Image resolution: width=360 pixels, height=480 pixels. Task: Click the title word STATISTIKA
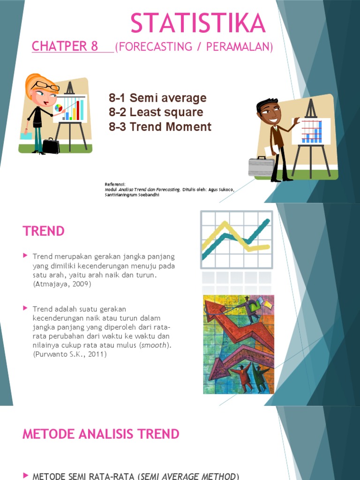coord(198,23)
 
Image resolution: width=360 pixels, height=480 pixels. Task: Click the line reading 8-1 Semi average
coord(157,98)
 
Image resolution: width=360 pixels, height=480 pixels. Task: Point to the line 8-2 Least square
coord(156,112)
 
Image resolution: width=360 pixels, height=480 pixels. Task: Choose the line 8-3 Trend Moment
coord(160,127)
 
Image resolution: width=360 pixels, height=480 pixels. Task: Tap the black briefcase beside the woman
coord(51,146)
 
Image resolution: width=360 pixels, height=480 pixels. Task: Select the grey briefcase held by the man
coord(261,166)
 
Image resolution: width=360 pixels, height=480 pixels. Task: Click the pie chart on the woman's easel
coord(59,108)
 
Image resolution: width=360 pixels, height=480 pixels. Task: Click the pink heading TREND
coord(44,231)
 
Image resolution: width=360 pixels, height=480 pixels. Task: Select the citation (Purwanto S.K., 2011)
coord(70,354)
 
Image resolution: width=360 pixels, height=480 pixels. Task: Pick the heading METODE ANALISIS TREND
coord(101,434)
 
